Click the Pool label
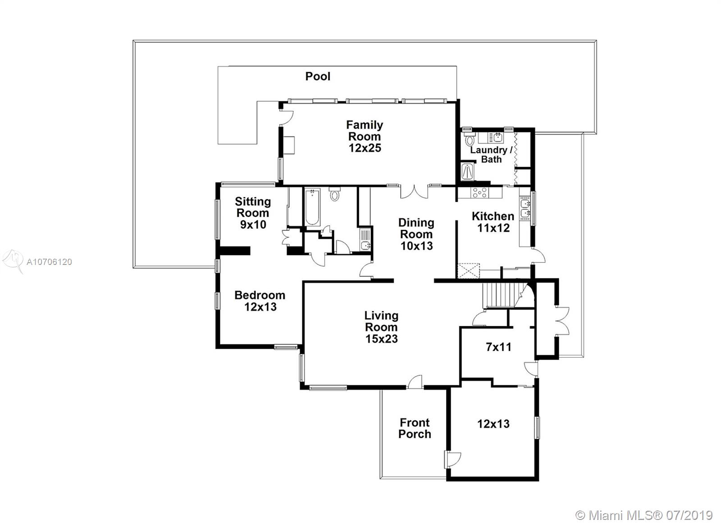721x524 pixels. click(318, 76)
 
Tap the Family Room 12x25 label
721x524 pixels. click(365, 136)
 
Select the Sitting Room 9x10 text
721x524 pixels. click(253, 213)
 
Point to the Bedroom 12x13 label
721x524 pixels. click(260, 301)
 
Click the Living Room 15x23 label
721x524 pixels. click(381, 327)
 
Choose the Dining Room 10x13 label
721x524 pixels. click(416, 234)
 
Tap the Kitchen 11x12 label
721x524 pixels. click(493, 222)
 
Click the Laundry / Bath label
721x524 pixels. click(491, 155)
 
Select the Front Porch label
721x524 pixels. click(415, 428)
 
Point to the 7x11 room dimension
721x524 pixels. click(498, 347)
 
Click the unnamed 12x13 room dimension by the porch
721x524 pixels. click(493, 424)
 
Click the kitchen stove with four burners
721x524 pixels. click(479, 192)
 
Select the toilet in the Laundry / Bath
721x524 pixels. click(469, 139)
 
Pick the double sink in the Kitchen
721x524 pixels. click(525, 208)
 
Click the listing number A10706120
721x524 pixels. click(49, 262)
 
